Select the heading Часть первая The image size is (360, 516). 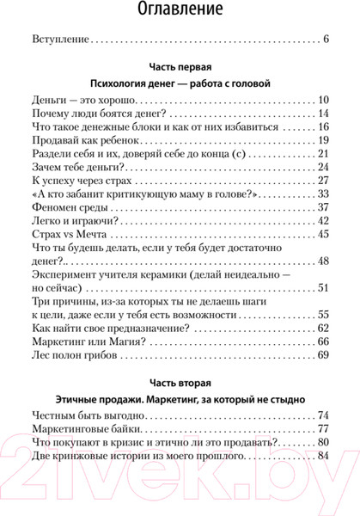coord(180,67)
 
